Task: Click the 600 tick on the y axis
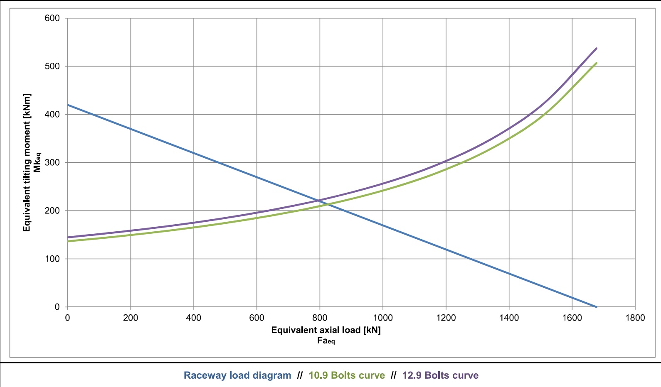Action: tap(52, 18)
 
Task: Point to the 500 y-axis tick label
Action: tap(52, 66)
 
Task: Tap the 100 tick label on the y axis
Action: tap(52, 259)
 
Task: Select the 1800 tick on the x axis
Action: tap(635, 318)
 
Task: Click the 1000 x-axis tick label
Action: tap(382, 318)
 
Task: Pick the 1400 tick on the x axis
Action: tap(509, 318)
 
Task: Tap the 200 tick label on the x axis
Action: tap(131, 318)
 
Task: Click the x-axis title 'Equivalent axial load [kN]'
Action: tap(326, 330)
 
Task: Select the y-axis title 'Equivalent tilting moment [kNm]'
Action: tap(27, 162)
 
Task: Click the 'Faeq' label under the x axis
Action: tap(326, 341)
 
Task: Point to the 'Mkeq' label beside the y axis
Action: tap(37, 162)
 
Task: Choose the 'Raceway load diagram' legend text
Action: tap(237, 375)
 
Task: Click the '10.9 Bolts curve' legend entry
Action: tap(347, 375)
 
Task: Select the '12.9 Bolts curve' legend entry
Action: tap(440, 375)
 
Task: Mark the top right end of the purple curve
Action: tap(597, 48)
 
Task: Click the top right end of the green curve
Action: tap(597, 63)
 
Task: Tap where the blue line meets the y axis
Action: tap(68, 105)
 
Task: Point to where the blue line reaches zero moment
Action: tap(597, 307)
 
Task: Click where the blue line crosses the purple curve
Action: tap(321, 201)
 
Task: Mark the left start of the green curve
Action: tap(68, 241)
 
